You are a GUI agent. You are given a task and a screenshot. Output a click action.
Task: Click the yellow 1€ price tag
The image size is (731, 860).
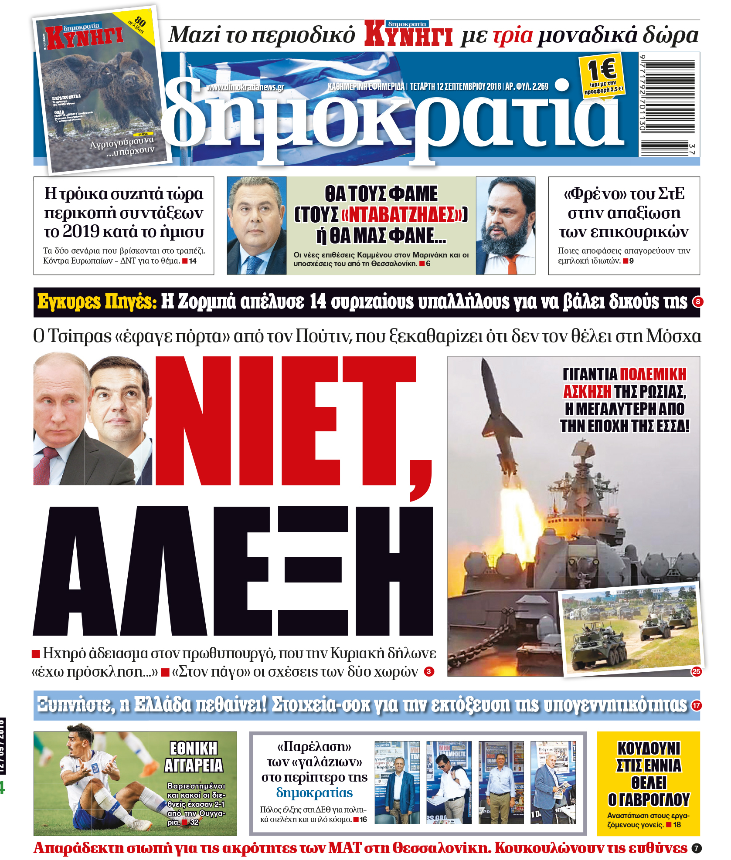tap(602, 76)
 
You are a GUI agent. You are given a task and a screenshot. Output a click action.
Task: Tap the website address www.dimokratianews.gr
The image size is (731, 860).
tap(245, 87)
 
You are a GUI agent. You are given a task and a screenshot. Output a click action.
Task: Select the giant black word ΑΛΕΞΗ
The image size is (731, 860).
tap(233, 571)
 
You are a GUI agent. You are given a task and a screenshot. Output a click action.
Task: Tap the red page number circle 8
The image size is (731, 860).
tap(697, 301)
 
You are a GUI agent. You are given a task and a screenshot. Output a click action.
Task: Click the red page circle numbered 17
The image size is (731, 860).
tap(697, 705)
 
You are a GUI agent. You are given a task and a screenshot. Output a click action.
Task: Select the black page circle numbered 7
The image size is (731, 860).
tap(697, 848)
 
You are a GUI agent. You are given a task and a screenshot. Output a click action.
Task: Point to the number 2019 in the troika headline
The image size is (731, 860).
tap(81, 231)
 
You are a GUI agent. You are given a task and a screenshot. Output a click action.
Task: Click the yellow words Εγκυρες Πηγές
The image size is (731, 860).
tap(97, 301)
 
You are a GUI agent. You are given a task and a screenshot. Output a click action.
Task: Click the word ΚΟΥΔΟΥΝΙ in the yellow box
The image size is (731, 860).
tap(649, 748)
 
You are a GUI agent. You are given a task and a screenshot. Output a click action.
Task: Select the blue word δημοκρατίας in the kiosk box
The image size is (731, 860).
tap(314, 793)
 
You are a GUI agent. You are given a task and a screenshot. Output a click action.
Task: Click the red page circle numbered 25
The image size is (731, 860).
tap(696, 671)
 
